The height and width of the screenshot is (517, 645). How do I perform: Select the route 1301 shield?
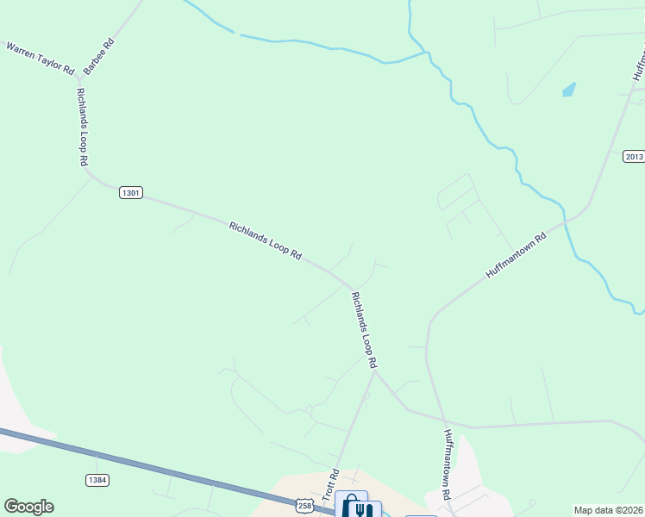point(130,193)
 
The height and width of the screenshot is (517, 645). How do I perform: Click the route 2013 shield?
point(634,156)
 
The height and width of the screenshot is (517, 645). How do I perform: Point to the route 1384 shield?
point(97,479)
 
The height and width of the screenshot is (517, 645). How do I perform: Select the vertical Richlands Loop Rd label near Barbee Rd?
point(83,127)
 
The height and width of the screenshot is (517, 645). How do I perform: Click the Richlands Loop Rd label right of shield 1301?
point(266,240)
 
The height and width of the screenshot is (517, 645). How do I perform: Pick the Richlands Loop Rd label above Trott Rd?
point(364,329)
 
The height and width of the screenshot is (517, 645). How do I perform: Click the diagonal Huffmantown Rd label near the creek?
point(516,255)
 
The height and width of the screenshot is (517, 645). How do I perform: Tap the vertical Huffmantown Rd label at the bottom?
point(448,465)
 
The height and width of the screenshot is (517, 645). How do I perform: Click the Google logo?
point(28,507)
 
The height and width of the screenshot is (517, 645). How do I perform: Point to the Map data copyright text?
point(609,510)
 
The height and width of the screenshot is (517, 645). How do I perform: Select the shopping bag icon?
point(349,504)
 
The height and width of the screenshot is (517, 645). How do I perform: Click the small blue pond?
point(569,89)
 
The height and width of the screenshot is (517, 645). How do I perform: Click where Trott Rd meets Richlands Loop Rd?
point(373,371)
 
